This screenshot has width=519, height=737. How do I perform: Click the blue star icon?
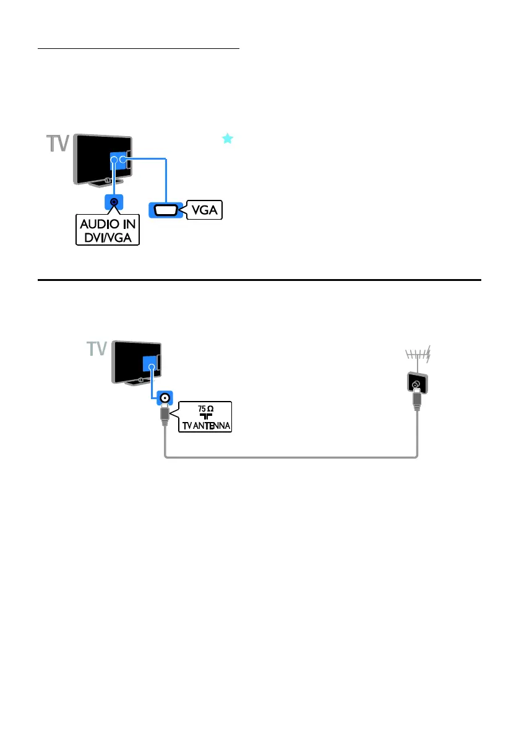point(228,139)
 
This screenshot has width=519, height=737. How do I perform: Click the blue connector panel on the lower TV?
point(150,364)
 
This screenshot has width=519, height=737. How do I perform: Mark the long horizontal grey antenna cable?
point(291,458)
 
